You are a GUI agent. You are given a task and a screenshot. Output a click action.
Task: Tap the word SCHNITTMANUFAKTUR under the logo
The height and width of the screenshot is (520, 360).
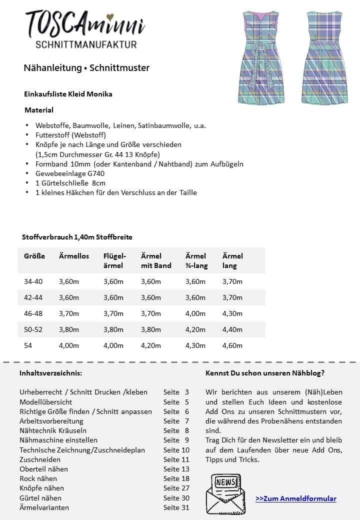pos(86,45)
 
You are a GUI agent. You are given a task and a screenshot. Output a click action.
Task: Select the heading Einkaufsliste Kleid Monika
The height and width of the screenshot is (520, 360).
pos(68,93)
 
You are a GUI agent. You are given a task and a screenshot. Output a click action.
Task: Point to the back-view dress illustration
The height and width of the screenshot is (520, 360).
pos(324,57)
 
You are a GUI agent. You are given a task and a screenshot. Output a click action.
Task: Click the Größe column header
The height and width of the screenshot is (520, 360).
pos(34,256)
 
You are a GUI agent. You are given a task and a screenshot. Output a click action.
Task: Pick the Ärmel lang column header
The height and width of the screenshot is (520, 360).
pos(232,260)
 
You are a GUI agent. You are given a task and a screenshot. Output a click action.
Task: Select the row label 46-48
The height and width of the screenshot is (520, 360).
pos(33,313)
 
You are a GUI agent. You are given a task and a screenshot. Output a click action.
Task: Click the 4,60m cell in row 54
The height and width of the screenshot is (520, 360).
pos(232,345)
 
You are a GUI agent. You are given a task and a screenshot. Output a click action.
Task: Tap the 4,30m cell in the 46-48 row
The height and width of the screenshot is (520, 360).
pos(232,313)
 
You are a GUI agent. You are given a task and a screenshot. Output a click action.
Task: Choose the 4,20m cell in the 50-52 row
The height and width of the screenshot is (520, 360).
pos(195,329)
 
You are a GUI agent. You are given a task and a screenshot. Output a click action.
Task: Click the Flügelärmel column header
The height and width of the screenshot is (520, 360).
pos(114,260)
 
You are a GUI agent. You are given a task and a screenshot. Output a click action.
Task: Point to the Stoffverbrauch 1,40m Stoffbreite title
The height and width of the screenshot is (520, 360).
pos(77,237)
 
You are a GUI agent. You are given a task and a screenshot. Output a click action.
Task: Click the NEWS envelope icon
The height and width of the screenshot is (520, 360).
pos(225,494)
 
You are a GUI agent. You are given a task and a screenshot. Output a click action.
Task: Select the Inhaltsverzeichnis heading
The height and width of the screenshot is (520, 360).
pos(50,373)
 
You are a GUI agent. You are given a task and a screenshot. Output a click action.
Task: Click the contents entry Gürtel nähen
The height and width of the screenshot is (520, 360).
pos(40,497)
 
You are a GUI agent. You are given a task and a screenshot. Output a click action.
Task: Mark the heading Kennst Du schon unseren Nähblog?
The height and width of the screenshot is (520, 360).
pos(264,373)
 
